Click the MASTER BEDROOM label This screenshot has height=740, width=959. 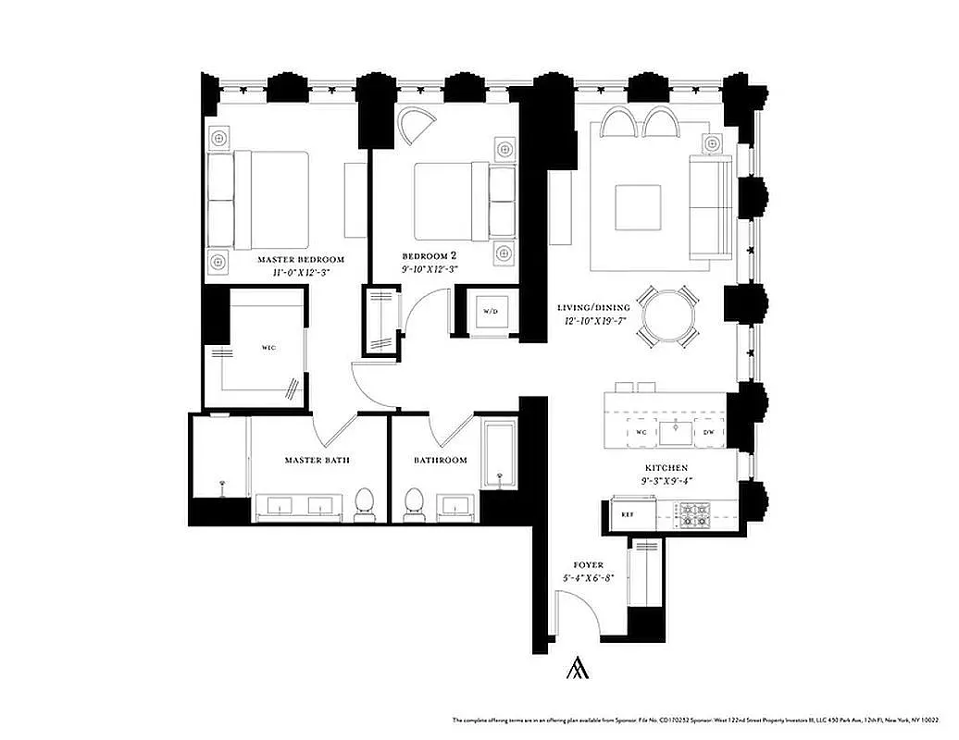pos(301,260)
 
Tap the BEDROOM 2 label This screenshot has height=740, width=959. pos(430,255)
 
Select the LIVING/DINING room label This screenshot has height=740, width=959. pos(593,308)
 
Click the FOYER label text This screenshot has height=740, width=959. pos(588,565)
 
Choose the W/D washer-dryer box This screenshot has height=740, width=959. pos(490,311)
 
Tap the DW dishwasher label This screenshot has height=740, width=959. pos(707,432)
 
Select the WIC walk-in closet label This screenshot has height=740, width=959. pos(268,348)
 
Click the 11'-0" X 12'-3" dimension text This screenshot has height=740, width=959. pos(301,273)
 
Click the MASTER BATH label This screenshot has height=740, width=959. pos(317,460)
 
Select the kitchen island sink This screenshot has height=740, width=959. pos(676,430)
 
